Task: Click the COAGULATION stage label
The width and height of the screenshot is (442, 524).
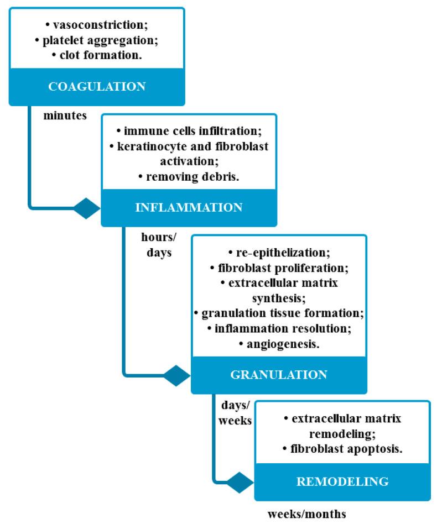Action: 96,86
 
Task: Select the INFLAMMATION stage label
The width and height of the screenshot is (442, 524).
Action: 189,208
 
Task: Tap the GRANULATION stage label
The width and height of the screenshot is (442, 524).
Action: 278,374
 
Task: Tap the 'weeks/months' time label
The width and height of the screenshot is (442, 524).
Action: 306,513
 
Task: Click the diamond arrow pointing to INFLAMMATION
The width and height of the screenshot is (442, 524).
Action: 87,208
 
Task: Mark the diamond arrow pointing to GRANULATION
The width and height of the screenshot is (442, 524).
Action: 177,375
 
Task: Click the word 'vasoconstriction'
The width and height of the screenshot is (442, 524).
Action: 99,25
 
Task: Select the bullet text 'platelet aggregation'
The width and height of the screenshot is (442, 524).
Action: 98,40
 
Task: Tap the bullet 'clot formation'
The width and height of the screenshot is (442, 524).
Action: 98,54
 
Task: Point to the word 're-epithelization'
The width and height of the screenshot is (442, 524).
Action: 282,254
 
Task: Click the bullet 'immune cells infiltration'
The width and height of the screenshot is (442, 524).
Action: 190,132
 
